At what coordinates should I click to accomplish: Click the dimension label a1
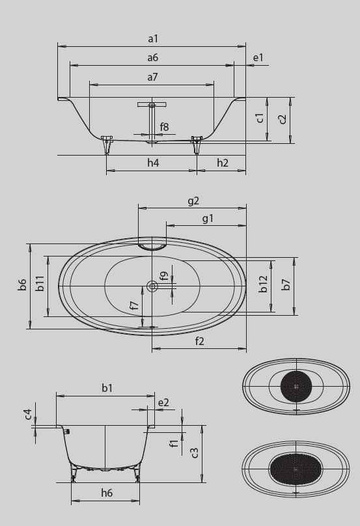(x=152, y=39)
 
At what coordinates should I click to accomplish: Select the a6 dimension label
(x=152, y=58)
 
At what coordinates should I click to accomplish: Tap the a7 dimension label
(x=152, y=77)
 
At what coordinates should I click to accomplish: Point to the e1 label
(x=258, y=58)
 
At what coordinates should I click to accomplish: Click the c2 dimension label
(x=282, y=119)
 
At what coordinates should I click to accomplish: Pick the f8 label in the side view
(x=164, y=127)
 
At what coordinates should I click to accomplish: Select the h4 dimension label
(x=152, y=163)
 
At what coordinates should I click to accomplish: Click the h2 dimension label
(x=222, y=163)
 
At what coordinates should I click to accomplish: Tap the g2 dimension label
(x=193, y=201)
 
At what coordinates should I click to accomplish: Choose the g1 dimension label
(x=208, y=219)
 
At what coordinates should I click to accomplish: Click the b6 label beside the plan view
(x=22, y=284)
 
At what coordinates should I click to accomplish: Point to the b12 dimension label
(x=264, y=284)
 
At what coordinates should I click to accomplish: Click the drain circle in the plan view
(x=152, y=286)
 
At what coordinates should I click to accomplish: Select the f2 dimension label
(x=199, y=341)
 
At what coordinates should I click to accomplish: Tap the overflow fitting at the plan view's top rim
(x=152, y=246)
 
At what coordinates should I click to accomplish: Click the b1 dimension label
(x=107, y=388)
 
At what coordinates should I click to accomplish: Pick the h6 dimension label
(x=107, y=493)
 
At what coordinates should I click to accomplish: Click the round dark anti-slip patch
(x=296, y=385)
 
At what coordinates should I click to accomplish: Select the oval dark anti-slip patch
(x=296, y=468)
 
